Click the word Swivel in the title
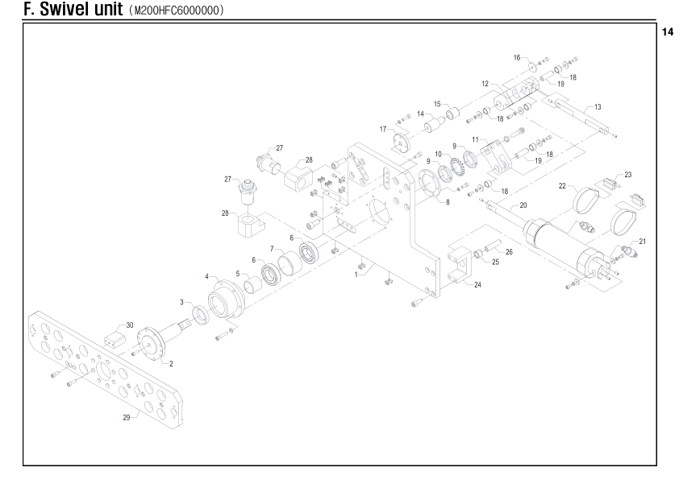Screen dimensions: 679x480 click(81, 9)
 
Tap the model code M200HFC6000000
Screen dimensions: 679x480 click(177, 10)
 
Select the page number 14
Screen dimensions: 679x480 click(668, 32)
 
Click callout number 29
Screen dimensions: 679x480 click(127, 417)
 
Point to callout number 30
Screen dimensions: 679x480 click(130, 325)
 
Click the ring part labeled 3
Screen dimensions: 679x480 click(201, 314)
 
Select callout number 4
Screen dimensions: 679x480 click(206, 277)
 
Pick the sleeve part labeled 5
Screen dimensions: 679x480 click(252, 285)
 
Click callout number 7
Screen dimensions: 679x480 click(272, 249)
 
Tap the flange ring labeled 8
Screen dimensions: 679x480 click(429, 184)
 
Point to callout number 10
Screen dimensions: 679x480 click(438, 154)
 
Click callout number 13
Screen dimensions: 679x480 click(598, 107)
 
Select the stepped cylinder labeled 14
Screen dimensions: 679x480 click(434, 125)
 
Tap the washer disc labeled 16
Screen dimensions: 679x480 click(531, 66)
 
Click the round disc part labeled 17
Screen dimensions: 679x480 click(401, 143)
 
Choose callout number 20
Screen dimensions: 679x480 click(523, 205)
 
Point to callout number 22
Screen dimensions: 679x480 click(562, 186)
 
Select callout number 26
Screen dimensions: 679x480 click(509, 251)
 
